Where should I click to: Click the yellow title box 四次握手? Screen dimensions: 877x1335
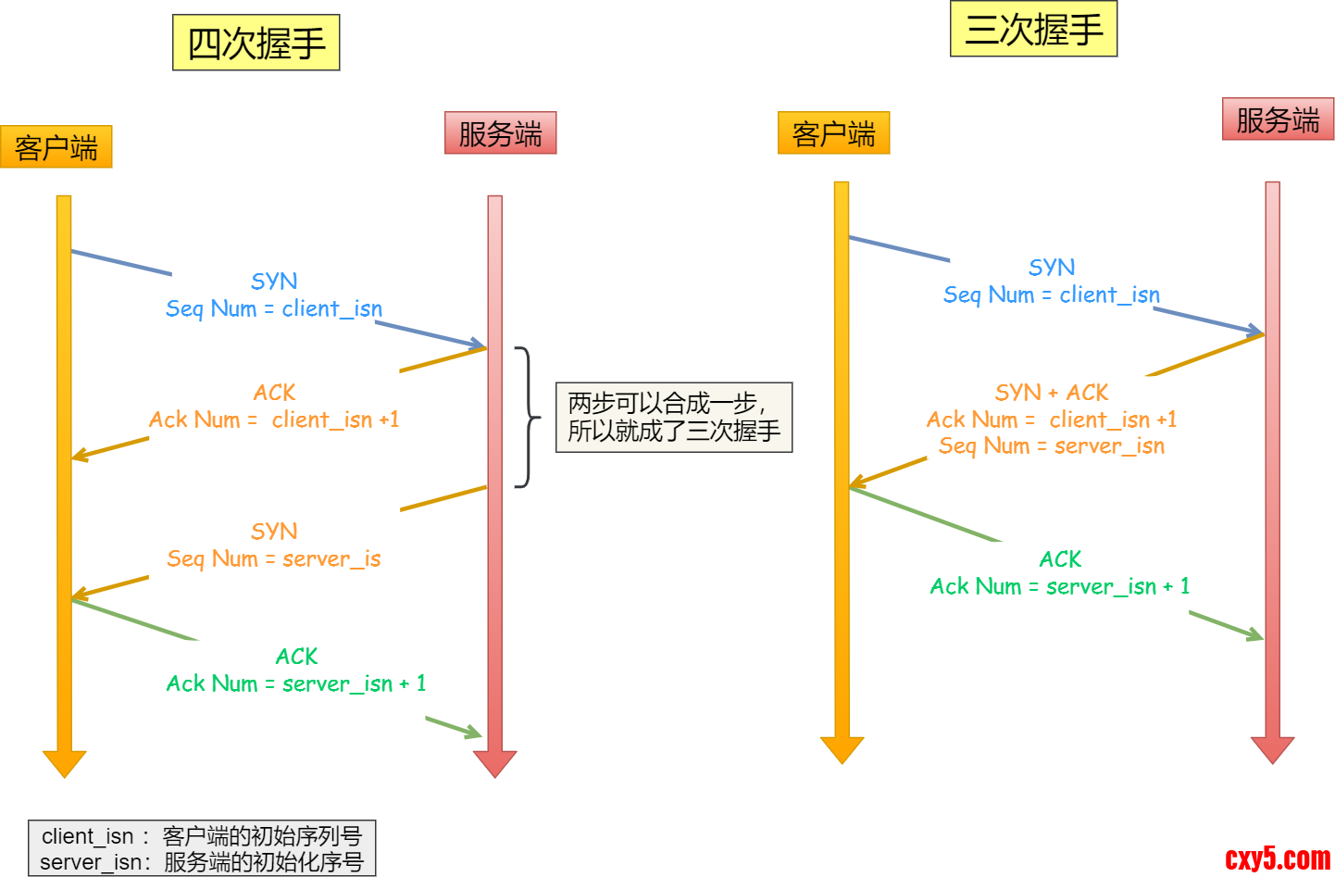[x=256, y=43]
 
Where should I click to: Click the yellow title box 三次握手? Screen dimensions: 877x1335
[x=1033, y=30]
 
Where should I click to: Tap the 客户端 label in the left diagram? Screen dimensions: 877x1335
[x=56, y=147]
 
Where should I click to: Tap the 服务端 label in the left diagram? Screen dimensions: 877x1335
[x=500, y=133]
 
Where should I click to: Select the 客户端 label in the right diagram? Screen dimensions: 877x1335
[x=833, y=133]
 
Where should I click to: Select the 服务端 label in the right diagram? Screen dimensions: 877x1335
[x=1278, y=119]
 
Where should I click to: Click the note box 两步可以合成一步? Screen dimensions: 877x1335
[x=674, y=417]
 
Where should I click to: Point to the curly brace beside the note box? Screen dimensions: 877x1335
[x=528, y=417]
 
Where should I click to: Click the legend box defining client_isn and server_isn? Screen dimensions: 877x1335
[x=202, y=848]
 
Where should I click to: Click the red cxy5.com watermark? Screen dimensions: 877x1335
[x=1278, y=858]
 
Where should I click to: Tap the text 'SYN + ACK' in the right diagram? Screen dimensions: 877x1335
[x=1052, y=393]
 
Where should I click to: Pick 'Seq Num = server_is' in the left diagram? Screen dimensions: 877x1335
[x=274, y=558]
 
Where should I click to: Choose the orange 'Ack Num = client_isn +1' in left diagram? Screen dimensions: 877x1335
[x=274, y=420]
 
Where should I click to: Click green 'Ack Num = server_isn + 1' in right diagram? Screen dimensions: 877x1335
[x=1060, y=586]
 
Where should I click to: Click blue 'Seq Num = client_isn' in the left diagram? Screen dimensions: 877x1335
[x=274, y=308]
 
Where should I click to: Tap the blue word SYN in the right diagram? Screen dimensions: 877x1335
[x=1052, y=268]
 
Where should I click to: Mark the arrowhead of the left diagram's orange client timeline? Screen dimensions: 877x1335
[x=64, y=763]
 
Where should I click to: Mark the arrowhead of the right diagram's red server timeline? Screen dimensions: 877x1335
[x=1272, y=749]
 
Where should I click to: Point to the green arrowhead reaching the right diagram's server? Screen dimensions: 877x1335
[x=1256, y=635]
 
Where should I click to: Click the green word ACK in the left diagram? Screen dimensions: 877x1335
[x=296, y=657]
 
